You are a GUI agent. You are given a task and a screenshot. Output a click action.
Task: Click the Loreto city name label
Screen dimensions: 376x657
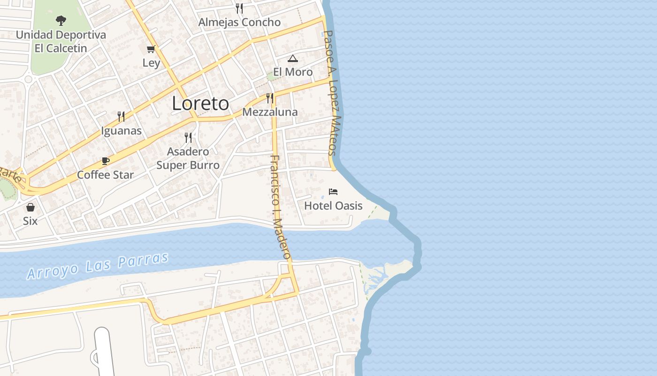click(200, 103)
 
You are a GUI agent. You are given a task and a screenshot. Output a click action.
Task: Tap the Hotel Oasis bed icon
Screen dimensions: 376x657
click(333, 192)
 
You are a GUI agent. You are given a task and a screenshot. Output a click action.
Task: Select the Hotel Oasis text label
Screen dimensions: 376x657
click(333, 206)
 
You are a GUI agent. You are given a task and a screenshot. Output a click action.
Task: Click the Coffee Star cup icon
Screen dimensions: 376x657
click(106, 161)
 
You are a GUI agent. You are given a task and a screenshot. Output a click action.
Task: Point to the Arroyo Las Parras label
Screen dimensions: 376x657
click(98, 266)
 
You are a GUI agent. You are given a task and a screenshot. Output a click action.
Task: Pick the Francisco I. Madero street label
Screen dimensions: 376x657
click(281, 207)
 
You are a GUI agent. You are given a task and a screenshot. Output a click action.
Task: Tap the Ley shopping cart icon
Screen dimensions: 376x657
click(151, 49)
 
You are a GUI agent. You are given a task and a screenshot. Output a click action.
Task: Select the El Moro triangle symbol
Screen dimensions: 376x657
click(293, 58)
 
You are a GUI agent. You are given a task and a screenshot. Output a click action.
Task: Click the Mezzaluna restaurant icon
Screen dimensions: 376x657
click(270, 98)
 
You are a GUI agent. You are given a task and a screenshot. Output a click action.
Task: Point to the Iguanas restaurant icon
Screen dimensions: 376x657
click(121, 117)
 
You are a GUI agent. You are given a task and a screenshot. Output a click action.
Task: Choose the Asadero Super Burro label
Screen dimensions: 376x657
click(188, 158)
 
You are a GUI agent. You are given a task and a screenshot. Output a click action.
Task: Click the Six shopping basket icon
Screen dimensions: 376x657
click(31, 207)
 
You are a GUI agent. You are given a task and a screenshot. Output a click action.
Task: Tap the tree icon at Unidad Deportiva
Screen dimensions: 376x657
click(61, 20)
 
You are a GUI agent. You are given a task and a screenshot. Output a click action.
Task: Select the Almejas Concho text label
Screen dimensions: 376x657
click(239, 22)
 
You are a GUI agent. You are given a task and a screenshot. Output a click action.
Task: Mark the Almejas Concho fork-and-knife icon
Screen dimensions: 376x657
click(239, 8)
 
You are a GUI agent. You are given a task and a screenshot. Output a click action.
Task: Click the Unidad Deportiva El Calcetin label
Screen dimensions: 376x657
click(61, 41)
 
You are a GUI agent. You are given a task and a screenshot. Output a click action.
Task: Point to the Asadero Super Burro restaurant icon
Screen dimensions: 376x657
click(188, 137)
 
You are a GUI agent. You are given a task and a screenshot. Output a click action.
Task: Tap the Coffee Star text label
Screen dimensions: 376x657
click(106, 175)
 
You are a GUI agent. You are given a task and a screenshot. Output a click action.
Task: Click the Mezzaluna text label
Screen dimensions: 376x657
click(270, 112)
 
